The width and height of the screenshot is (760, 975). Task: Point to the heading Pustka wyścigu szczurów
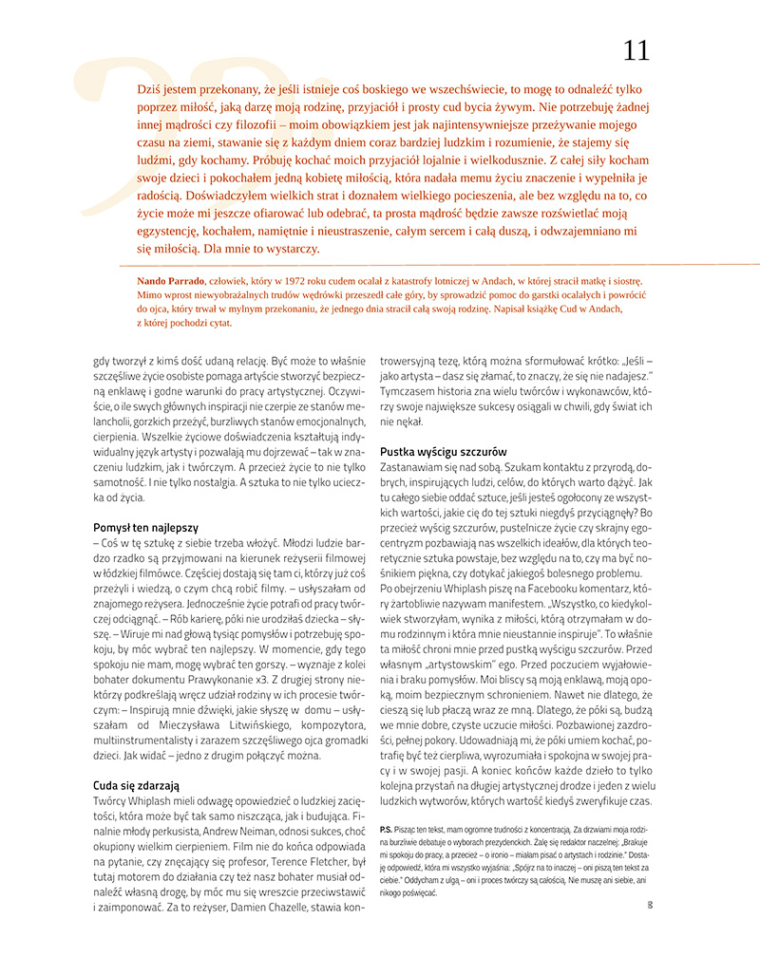(444, 451)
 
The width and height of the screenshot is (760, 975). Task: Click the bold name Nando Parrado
(170, 281)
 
